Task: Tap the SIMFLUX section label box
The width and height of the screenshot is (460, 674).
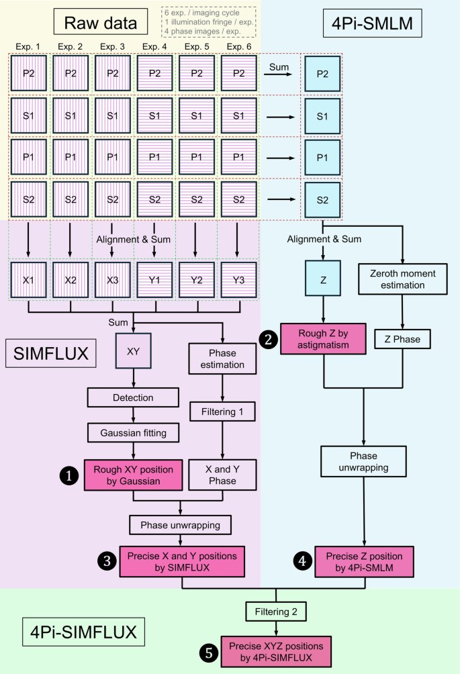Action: pyautogui.click(x=48, y=352)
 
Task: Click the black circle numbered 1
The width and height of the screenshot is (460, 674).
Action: pyautogui.click(x=68, y=475)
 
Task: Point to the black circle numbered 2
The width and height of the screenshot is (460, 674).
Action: pyautogui.click(x=268, y=340)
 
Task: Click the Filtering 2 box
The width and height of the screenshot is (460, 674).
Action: pyautogui.click(x=277, y=612)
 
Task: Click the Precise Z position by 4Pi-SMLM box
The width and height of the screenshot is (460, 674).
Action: pyautogui.click(x=364, y=563)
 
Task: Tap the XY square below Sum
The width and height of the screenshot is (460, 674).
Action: pyautogui.click(x=133, y=350)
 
